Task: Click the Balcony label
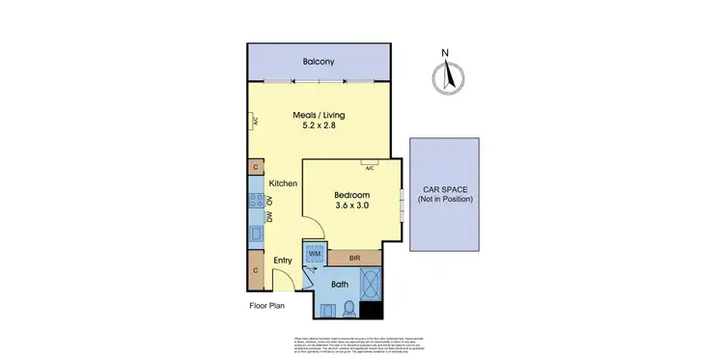coord(319,62)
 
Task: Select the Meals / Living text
coord(319,116)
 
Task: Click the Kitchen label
coord(282,183)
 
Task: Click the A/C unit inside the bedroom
coord(369,163)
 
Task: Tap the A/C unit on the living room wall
coord(252,121)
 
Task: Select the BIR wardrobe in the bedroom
coord(354,258)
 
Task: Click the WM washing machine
coord(315,253)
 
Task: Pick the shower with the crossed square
coord(370,284)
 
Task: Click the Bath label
coord(340,285)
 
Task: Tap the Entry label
coord(283,261)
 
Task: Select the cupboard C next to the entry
coord(255,269)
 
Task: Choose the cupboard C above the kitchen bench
coord(255,167)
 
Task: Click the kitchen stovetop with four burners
coord(257,201)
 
